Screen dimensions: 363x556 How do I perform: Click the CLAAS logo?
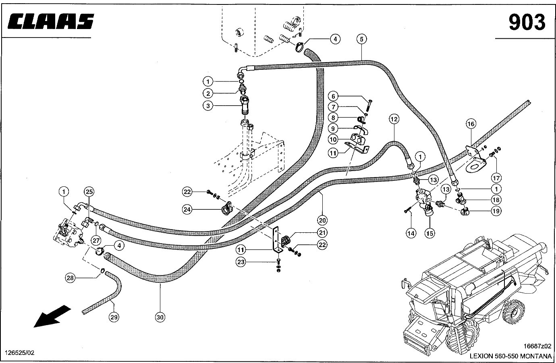[51, 21]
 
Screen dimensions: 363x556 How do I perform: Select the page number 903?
[527, 22]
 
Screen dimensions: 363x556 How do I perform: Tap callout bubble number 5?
[361, 39]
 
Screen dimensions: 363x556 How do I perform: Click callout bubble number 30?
[160, 317]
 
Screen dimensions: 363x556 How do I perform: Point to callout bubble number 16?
[471, 123]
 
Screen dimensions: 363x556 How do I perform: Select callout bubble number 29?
[114, 317]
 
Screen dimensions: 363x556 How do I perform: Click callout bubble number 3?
[207, 106]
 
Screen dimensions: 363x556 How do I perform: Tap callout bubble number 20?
[322, 220]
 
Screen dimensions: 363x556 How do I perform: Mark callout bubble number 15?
[430, 233]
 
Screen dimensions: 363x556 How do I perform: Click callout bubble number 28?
[71, 277]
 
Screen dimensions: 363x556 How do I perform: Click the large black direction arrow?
[52, 316]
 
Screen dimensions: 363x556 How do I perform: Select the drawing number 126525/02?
[19, 353]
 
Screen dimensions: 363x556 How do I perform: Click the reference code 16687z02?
[537, 346]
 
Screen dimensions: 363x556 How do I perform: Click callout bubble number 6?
[333, 96]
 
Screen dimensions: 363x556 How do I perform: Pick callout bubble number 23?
[241, 262]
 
